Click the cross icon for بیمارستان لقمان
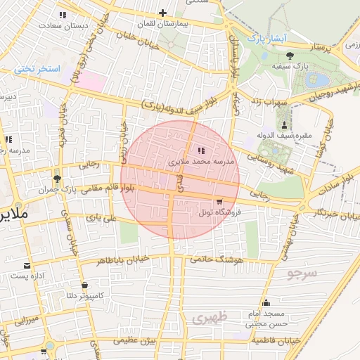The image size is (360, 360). click(x=163, y=12)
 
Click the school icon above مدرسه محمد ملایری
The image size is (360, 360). click(x=202, y=150)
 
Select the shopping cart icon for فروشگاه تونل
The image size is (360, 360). click(x=219, y=202)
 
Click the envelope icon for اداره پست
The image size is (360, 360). click(x=27, y=265)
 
